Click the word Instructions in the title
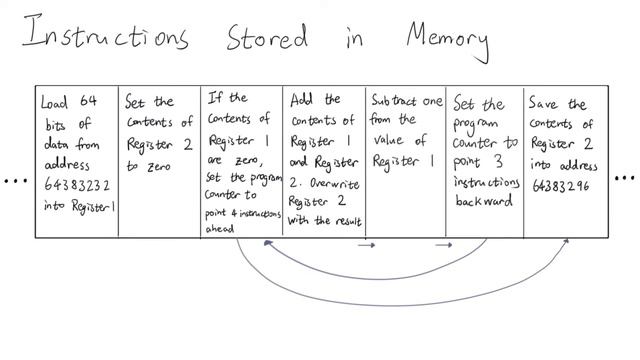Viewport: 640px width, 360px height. tap(105, 36)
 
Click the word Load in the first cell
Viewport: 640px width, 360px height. tap(53, 101)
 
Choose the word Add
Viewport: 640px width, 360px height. tap(301, 101)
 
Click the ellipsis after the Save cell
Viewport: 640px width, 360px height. tap(624, 180)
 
